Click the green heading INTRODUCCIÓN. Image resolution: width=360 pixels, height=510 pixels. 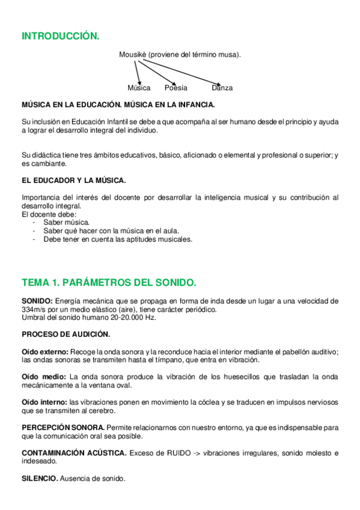tap(60, 37)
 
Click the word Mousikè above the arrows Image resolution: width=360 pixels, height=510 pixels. tap(133, 55)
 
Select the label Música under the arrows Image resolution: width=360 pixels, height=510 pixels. tap(139, 88)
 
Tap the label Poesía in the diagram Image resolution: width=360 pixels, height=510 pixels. tap(175, 88)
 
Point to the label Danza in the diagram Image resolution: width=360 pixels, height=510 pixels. tap(222, 88)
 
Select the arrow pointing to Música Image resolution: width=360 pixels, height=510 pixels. tap(138, 72)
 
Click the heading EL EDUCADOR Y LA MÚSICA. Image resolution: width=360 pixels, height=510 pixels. tap(73, 180)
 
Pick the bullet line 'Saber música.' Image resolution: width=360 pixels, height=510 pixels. tap(66, 222)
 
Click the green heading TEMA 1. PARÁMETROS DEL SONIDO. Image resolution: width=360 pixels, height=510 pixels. tap(109, 282)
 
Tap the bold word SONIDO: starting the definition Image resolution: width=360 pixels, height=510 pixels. tap(37, 301)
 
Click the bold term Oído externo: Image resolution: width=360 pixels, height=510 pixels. tap(45, 351)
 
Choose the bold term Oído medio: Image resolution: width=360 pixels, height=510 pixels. tap(43, 376)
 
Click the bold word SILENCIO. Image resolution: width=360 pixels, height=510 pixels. tap(40, 478)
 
